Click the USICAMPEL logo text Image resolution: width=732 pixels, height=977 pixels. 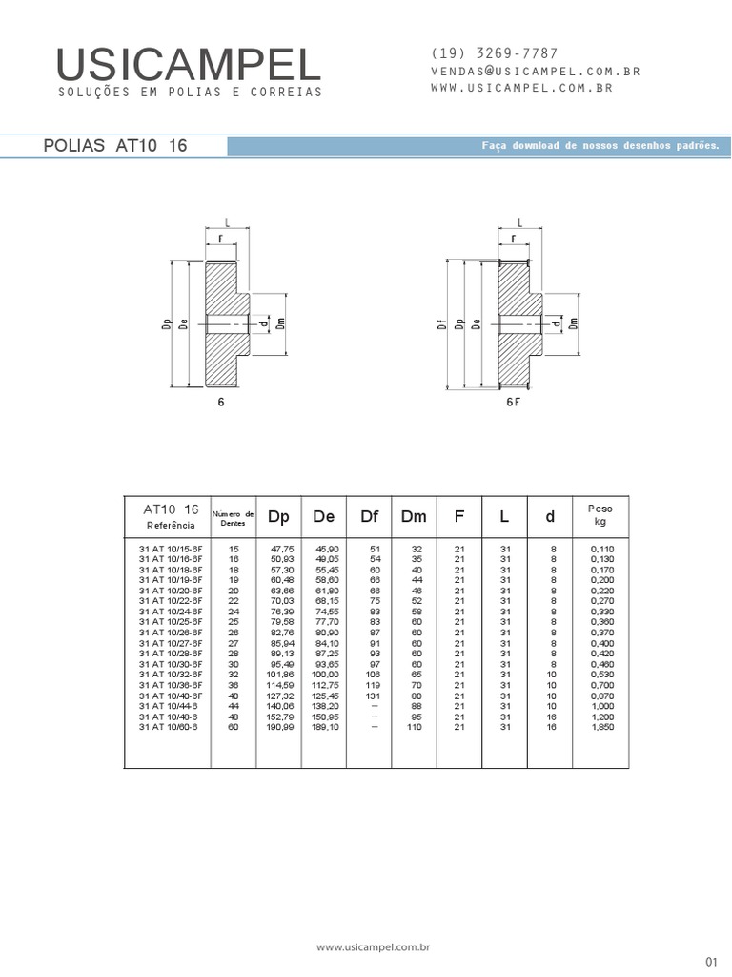(189, 65)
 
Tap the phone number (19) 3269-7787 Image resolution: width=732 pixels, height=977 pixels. (495, 53)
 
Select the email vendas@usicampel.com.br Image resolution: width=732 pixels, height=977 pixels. (535, 71)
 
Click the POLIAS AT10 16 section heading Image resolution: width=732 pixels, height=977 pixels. (116, 146)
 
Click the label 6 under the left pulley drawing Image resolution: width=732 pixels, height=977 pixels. (221, 402)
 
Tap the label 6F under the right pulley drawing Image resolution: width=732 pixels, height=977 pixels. (514, 402)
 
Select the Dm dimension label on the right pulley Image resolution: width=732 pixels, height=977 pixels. (574, 323)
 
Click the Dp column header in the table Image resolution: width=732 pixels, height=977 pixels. (278, 516)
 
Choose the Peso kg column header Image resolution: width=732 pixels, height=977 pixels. (600, 515)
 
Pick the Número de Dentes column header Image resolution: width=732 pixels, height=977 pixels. (233, 518)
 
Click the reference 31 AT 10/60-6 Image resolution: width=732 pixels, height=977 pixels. (169, 727)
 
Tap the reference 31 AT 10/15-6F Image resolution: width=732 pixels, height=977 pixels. (171, 550)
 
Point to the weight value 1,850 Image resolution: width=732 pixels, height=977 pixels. (601, 727)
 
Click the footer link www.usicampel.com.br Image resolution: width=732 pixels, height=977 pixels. (375, 947)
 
